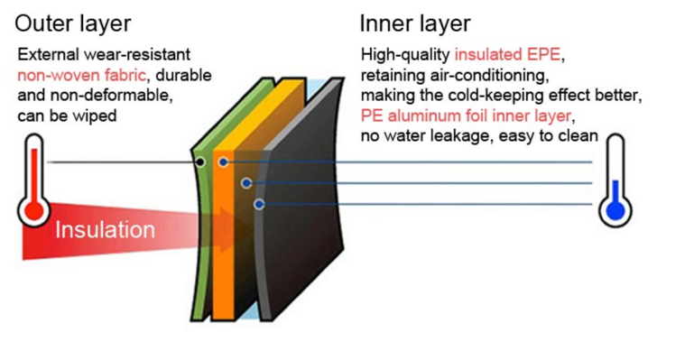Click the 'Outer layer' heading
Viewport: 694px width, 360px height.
tap(72, 23)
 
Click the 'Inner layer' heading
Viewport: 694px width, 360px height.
tap(415, 23)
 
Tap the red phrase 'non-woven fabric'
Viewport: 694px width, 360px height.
tap(81, 75)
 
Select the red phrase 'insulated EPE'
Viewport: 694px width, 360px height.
tap(508, 54)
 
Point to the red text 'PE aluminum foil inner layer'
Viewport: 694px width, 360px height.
tap(466, 115)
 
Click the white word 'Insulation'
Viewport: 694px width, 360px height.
tap(105, 230)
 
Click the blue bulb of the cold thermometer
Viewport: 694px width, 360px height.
tap(615, 210)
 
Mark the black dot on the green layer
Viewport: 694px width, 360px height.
tap(200, 162)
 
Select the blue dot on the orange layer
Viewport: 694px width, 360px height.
tap(224, 162)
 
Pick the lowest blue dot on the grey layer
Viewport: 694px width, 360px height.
tap(259, 204)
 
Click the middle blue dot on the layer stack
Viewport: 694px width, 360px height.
tap(246, 182)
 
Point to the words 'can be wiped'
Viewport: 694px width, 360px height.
tap(67, 115)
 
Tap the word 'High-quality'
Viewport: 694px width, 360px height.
tap(405, 55)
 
